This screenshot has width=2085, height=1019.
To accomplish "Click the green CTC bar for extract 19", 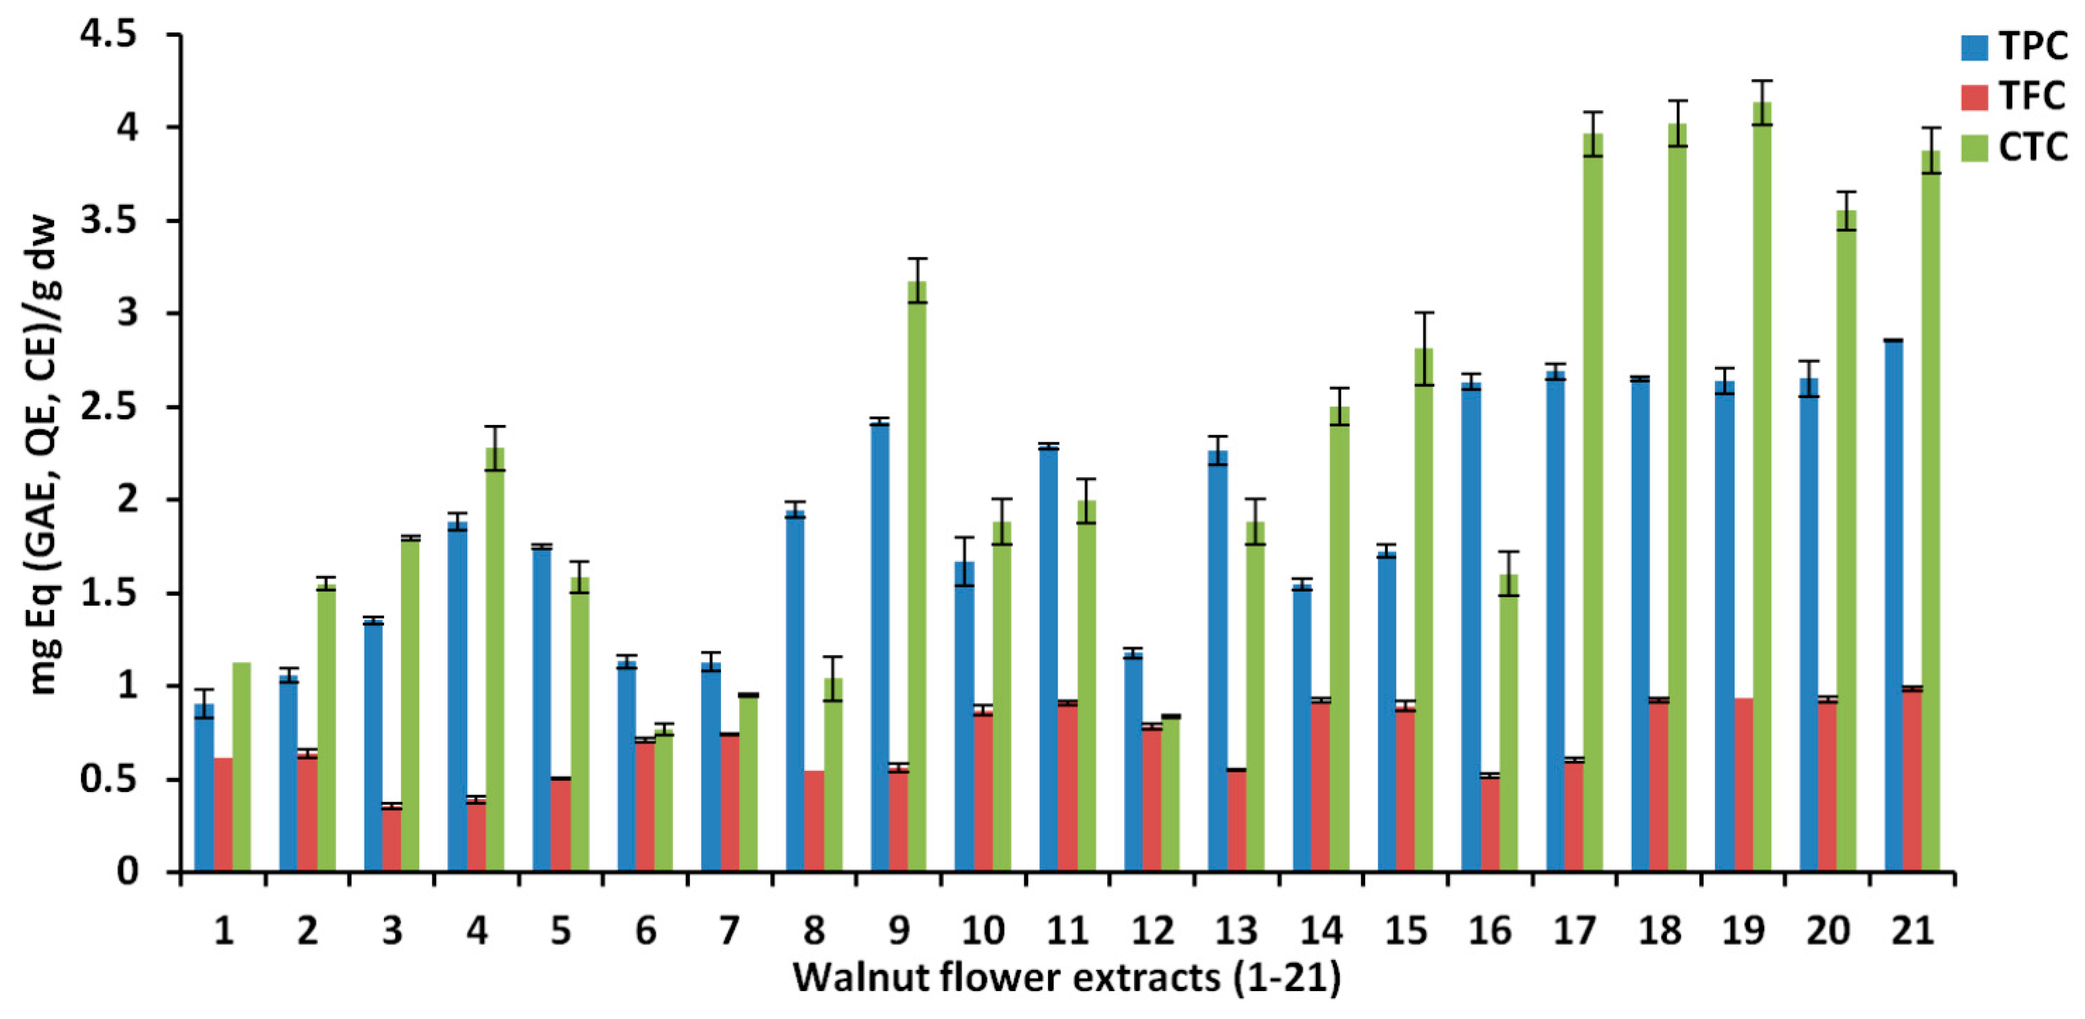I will click(x=1761, y=485).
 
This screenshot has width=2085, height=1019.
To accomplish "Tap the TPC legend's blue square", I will click(x=1974, y=47).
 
